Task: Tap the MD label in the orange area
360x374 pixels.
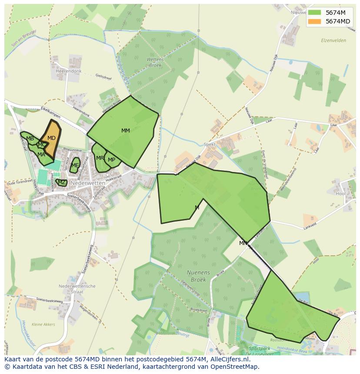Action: point(51,138)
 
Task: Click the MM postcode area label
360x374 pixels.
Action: point(126,131)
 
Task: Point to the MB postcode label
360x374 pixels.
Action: point(30,139)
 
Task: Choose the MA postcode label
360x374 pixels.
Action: point(41,154)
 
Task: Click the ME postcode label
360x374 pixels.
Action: point(75,165)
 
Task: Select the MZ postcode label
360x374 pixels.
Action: point(62,182)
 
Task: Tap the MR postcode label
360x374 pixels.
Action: point(100,158)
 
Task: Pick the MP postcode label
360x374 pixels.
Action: point(112,160)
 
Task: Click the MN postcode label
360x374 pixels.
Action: point(243,243)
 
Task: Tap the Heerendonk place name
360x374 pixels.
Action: point(69,71)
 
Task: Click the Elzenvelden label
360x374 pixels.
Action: point(333,40)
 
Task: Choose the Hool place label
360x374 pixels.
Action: point(340,194)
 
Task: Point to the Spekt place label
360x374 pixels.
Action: point(210,144)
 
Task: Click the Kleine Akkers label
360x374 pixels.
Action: point(43,324)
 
